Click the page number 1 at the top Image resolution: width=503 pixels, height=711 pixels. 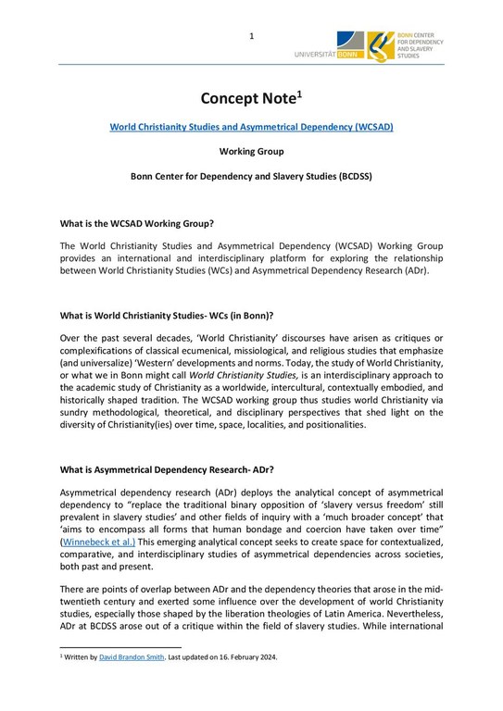(x=251, y=36)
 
